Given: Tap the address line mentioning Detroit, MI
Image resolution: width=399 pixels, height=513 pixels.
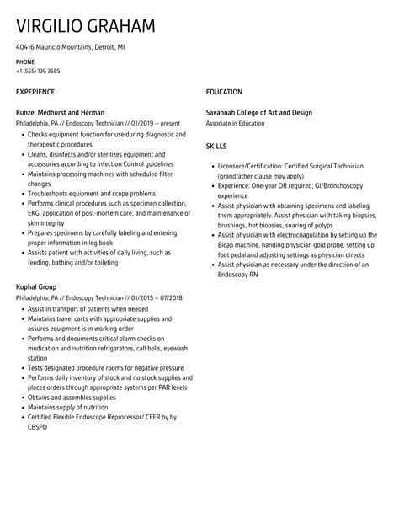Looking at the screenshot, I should click(x=71, y=50).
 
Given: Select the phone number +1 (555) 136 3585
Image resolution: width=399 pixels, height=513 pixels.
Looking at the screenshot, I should click(x=38, y=72).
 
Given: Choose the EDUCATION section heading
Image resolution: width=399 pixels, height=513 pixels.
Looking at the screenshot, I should click(x=224, y=91).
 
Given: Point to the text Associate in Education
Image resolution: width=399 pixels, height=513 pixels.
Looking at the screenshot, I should click(x=237, y=122).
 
